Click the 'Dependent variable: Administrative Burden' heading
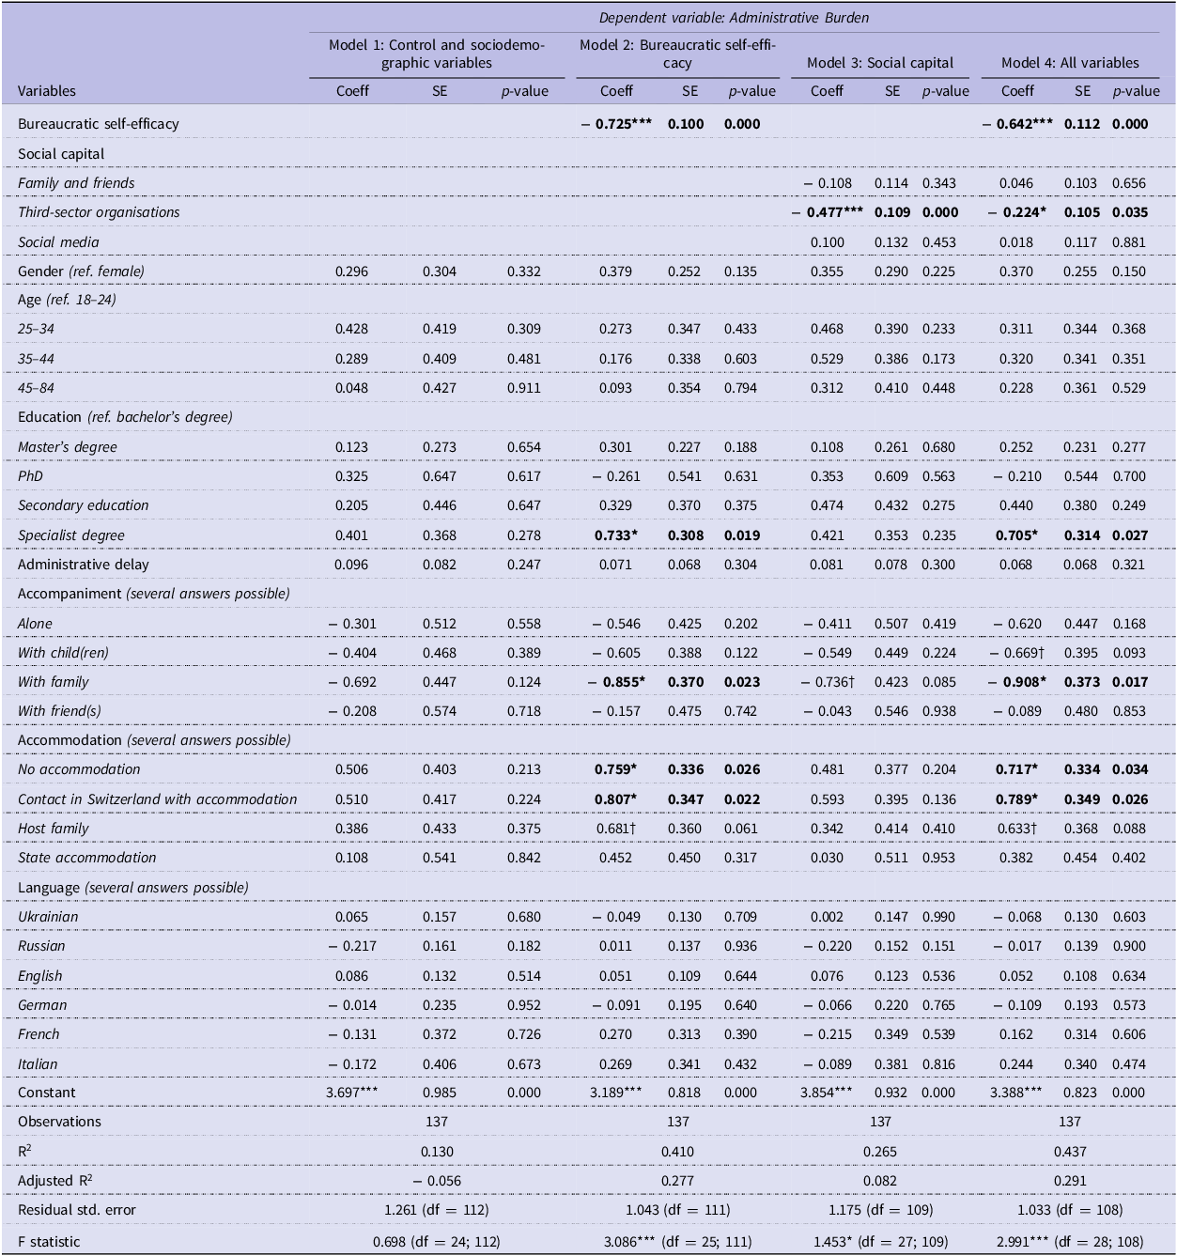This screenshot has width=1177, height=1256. [x=733, y=17]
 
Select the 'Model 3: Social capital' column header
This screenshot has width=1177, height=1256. [x=879, y=63]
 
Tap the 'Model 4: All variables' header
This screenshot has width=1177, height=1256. [x=1069, y=63]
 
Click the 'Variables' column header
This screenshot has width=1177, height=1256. [x=47, y=91]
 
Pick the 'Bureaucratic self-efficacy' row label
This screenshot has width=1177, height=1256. [x=98, y=124]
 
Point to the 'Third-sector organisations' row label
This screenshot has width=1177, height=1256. [x=99, y=212]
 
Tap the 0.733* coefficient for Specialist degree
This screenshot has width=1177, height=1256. [x=615, y=535]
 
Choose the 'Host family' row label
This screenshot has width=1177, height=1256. [x=53, y=829]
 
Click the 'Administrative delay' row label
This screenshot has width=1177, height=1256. [x=83, y=565]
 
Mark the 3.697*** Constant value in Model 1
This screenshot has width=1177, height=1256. [x=352, y=1093]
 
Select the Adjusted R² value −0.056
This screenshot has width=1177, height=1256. [x=437, y=1181]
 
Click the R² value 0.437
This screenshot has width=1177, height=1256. [x=1069, y=1152]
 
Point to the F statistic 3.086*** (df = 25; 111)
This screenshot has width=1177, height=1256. [x=677, y=1241]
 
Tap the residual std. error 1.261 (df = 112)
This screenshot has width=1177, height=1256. [x=437, y=1210]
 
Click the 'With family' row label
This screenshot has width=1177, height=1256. [x=53, y=682]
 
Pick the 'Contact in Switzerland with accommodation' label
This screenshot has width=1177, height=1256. [x=157, y=799]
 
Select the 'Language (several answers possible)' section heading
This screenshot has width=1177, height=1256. [x=132, y=888]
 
